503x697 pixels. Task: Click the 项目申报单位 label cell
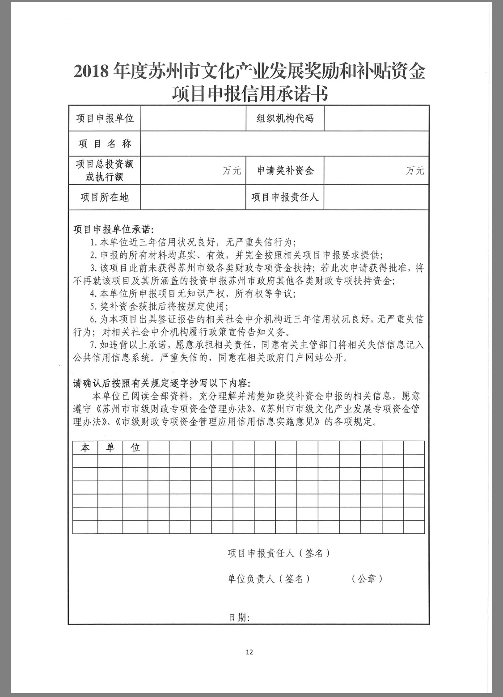point(105,118)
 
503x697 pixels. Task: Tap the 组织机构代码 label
point(285,118)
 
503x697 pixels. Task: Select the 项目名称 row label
point(105,144)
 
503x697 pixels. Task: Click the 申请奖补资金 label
point(285,170)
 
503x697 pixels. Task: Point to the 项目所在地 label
point(105,197)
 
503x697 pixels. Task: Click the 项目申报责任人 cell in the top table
point(285,197)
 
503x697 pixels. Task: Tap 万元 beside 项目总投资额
point(232,170)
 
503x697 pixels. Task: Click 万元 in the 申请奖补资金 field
point(415,170)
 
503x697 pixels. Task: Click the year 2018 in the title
point(91,72)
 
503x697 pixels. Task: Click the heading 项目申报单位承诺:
point(114,230)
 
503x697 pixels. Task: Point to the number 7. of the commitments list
point(93,346)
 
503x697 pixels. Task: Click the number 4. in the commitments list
point(93,294)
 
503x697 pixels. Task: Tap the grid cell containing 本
point(85,448)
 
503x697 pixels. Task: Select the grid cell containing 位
point(135,448)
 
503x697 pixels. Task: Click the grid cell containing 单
point(110,448)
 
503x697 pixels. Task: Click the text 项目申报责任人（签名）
point(279,553)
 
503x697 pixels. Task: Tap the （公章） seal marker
point(367,579)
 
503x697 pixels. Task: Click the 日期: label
point(239,617)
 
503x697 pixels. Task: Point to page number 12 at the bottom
point(249,652)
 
